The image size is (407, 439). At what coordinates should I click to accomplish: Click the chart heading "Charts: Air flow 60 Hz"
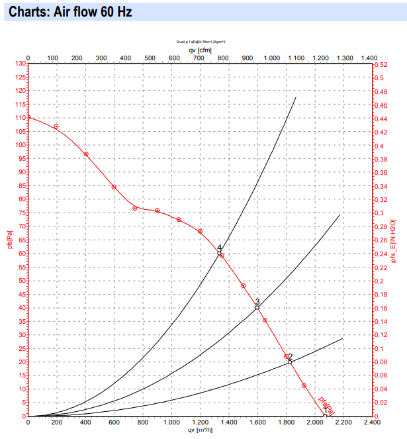tap(66, 12)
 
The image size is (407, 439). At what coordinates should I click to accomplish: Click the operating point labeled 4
tap(219, 253)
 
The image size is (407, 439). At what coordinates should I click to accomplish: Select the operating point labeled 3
tap(257, 307)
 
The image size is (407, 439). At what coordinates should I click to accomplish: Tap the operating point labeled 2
tap(290, 362)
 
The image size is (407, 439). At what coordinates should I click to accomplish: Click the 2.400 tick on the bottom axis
tap(372, 422)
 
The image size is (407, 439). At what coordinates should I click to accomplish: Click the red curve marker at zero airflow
tap(28, 117)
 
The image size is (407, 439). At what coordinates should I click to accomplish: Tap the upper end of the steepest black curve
tap(296, 97)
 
